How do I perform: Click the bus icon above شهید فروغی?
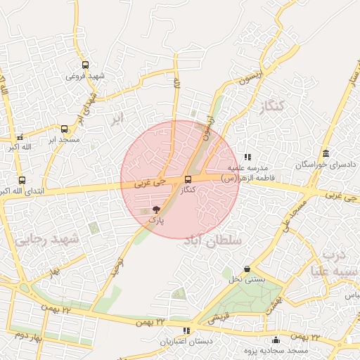(86, 65)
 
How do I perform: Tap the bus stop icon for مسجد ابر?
(65, 129)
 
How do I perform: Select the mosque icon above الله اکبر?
(20, 137)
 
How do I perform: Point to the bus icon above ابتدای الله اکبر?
(22, 180)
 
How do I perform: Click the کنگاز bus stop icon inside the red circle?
(187, 179)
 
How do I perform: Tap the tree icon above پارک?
(156, 210)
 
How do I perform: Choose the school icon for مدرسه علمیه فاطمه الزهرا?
(247, 157)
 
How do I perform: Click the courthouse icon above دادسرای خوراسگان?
(325, 153)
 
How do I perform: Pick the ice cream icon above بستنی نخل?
(247, 269)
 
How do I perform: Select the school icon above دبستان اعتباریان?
(186, 330)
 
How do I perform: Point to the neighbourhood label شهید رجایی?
(47, 239)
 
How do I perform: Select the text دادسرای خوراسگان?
(326, 164)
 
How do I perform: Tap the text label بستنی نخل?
(247, 279)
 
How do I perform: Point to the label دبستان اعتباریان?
(185, 342)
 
